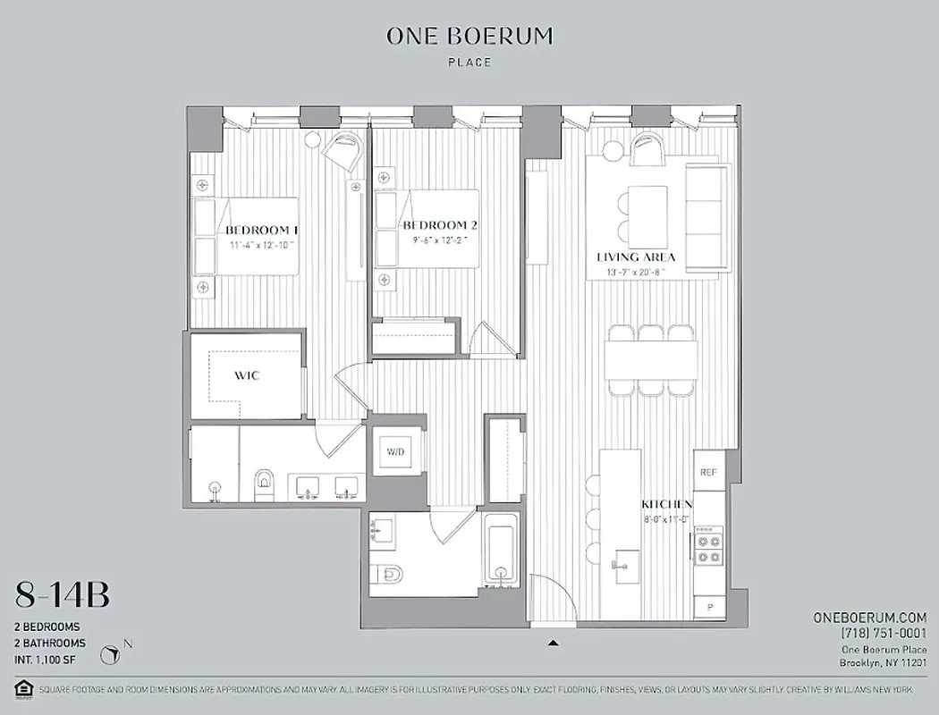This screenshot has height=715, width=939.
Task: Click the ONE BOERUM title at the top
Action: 469,36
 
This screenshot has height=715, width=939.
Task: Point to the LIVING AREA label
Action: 636,257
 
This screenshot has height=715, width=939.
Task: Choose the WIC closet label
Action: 248,375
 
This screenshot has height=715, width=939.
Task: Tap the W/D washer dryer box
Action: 394,452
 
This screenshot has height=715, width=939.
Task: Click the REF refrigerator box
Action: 708,472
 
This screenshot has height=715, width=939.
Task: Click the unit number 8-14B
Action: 63,594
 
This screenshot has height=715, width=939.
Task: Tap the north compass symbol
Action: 111,656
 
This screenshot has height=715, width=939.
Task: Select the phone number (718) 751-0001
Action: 883,634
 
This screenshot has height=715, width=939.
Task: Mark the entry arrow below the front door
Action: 554,642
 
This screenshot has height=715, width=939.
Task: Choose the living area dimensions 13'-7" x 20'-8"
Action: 636,273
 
